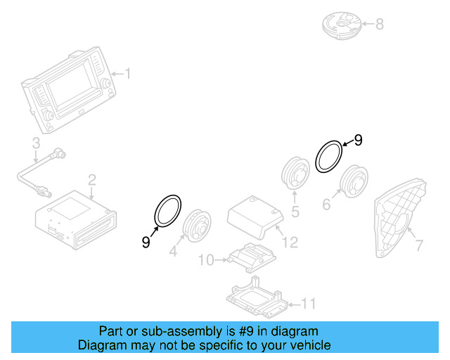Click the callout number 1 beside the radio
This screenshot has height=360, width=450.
(127, 73)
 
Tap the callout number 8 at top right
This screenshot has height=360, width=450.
(379, 25)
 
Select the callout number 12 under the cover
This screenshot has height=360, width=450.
(290, 243)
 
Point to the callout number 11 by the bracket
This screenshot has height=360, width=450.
(309, 304)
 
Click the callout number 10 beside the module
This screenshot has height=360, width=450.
(205, 260)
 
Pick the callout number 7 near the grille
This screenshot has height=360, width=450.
(419, 246)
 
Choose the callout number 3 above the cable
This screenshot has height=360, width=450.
(35, 144)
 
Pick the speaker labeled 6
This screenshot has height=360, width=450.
(355, 181)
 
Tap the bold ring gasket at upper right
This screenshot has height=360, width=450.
(328, 155)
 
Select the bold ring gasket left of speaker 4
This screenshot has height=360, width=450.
(167, 212)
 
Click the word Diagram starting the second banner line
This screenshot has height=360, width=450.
(99, 345)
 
